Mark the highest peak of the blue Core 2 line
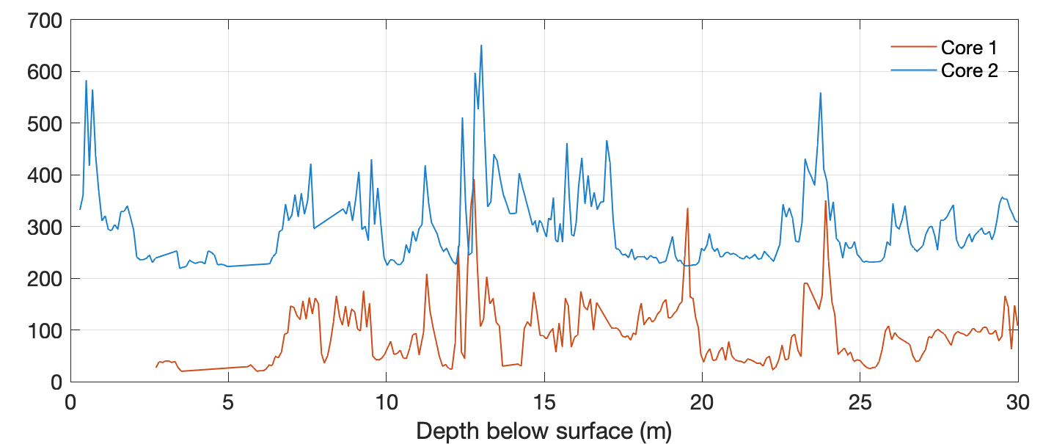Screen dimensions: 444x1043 [x=481, y=46]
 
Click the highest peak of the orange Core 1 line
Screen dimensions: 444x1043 [x=474, y=180]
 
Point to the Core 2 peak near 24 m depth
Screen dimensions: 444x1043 [x=821, y=93]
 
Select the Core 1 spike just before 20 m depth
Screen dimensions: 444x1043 [x=687, y=208]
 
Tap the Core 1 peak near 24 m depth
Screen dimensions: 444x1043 [x=826, y=201]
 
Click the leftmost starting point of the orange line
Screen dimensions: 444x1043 [x=156, y=367]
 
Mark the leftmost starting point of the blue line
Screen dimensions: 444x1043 [x=80, y=209]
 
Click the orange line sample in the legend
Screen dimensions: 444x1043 [x=912, y=48]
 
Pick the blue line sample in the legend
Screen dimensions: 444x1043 [x=912, y=70]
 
